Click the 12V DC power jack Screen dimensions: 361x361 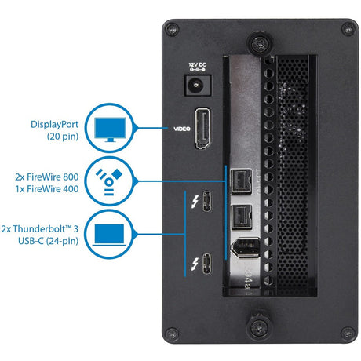click(192, 86)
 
